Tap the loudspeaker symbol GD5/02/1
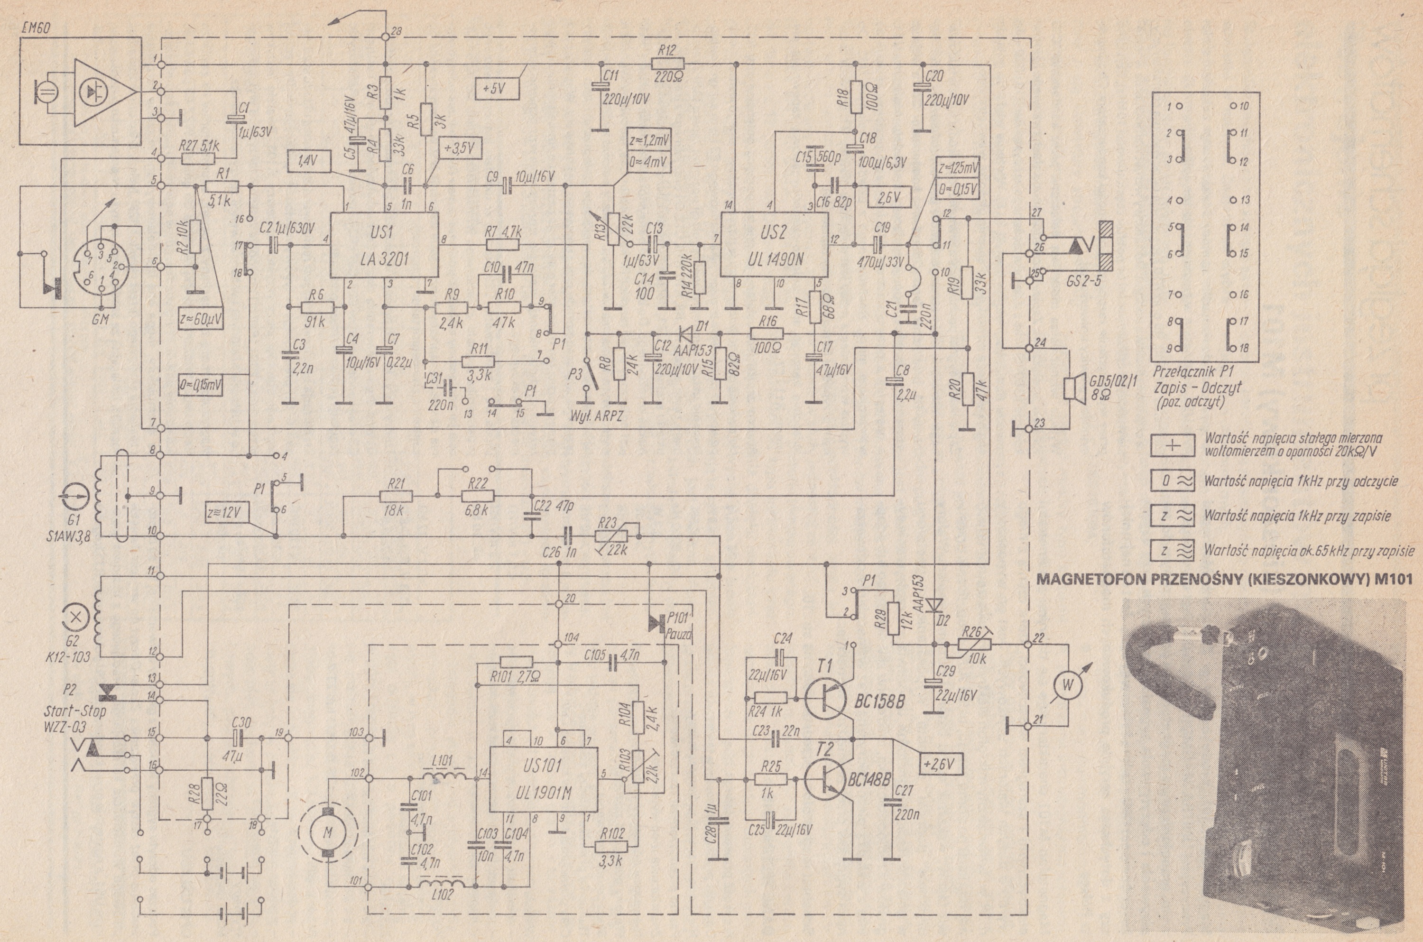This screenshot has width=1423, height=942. point(1071,388)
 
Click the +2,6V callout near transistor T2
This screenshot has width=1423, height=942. point(941,764)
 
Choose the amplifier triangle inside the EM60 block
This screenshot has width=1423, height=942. point(101,92)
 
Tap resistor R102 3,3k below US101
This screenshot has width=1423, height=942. point(611,847)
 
